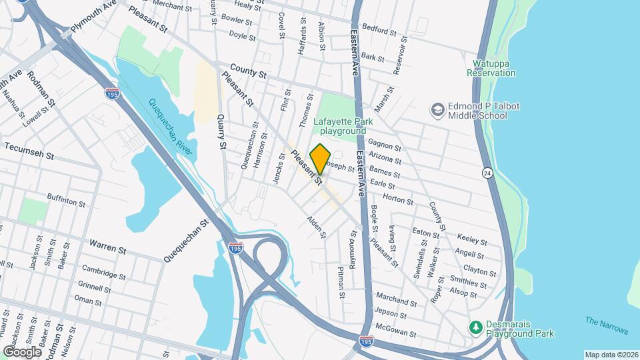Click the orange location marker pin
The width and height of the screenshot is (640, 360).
[321, 159]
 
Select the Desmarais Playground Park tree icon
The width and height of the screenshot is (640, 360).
[476, 327]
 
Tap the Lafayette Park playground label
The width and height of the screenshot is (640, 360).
[344, 126]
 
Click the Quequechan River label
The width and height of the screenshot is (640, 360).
[171, 128]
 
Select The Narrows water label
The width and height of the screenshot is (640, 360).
[607, 325]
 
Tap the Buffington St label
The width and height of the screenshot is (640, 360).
[67, 197]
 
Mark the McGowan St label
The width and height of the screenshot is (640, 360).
[395, 332]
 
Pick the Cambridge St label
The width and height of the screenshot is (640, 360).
[103, 273]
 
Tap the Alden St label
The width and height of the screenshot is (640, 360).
[316, 227]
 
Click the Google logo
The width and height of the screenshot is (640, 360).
[22, 351]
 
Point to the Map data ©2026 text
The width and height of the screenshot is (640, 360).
[611, 355]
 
